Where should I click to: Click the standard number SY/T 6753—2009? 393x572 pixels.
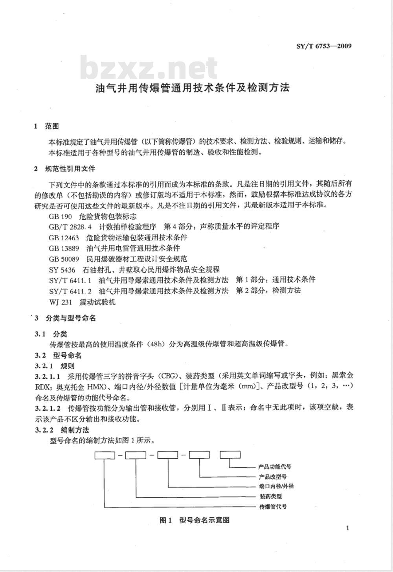click(x=323, y=46)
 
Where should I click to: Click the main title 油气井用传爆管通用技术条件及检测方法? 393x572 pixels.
click(x=193, y=87)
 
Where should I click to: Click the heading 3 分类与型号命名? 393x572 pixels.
click(x=65, y=318)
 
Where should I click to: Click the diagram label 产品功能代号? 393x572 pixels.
click(x=275, y=467)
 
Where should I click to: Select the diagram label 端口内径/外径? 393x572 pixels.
click(x=276, y=486)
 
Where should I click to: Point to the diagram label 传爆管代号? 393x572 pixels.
click(x=273, y=506)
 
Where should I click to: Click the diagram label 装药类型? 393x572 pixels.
click(x=271, y=496)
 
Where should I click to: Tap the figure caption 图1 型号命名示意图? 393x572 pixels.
click(x=195, y=520)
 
